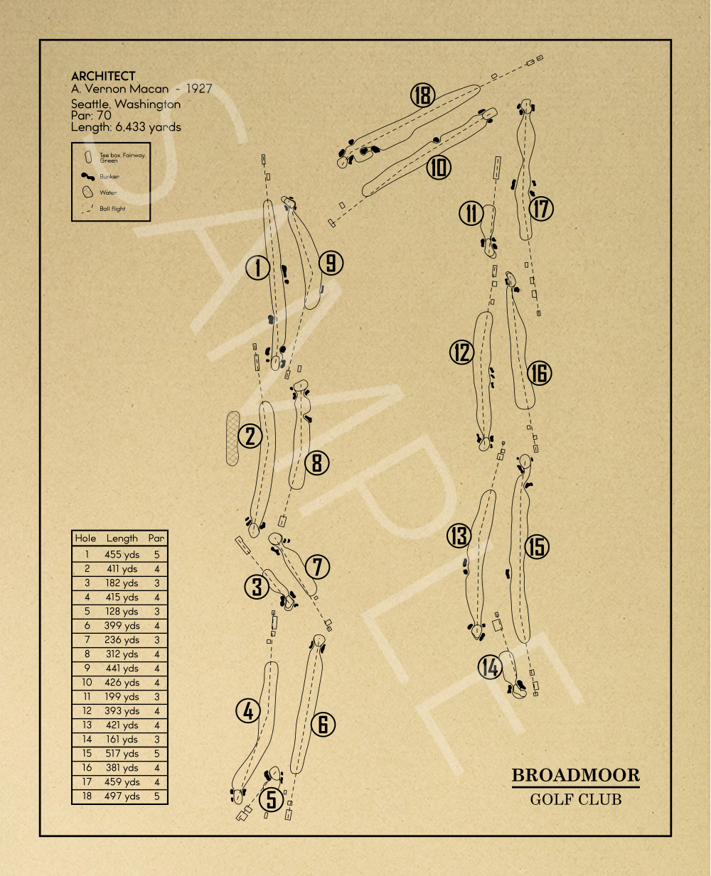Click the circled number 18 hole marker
pos(422,94)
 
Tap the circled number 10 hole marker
pos(439,168)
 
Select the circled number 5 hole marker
pos(272,799)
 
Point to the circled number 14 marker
pos(490,667)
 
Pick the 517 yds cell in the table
pos(122,754)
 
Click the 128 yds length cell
pos(122,612)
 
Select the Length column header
pos(122,539)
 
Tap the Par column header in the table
pos(156,539)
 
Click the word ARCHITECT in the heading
pos(103,76)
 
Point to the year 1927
pos(199,89)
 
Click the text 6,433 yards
pos(148,127)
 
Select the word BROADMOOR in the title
pos(575,775)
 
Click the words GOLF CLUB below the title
pos(575,799)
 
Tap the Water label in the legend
pos(108,193)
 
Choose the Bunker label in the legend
pos(109,176)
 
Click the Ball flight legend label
pos(112,209)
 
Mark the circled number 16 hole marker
pos(540,373)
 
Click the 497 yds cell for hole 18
pos(122,796)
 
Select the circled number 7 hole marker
pos(318,567)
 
